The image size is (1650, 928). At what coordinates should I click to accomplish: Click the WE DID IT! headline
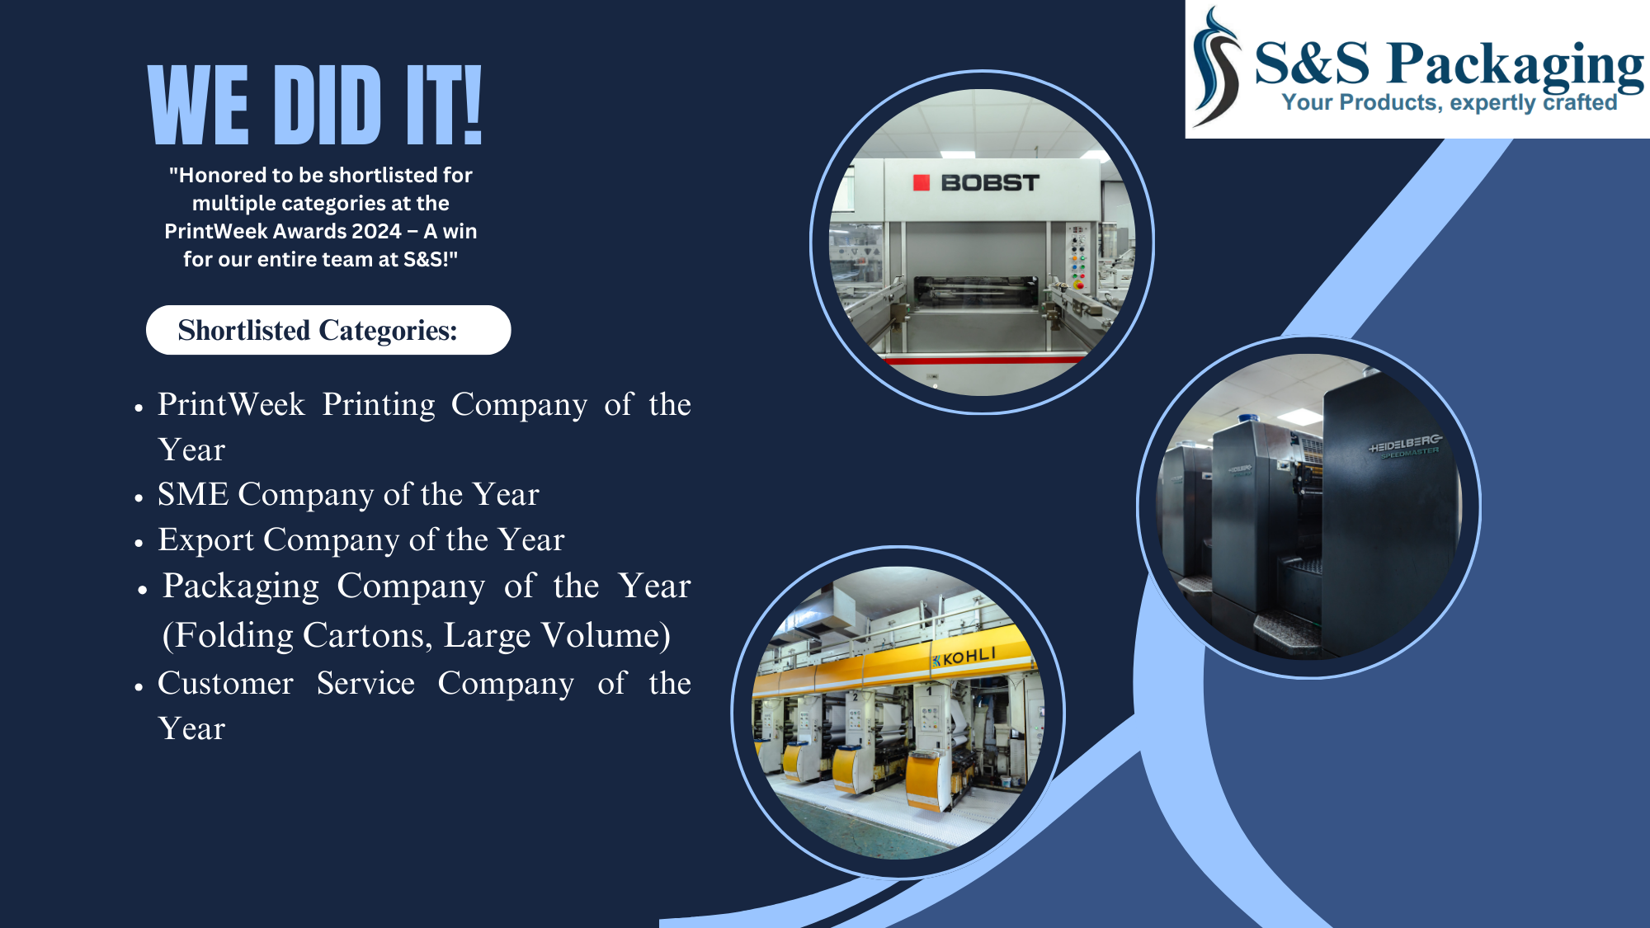[314, 105]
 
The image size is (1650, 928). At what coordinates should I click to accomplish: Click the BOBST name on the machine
[990, 182]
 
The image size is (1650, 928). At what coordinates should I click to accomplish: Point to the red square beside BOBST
[922, 182]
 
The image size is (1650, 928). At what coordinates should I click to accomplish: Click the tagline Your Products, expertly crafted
[1450, 102]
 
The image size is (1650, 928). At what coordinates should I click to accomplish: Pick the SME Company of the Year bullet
[348, 494]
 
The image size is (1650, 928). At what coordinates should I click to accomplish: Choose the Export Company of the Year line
[361, 539]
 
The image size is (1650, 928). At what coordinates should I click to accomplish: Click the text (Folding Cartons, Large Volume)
[417, 635]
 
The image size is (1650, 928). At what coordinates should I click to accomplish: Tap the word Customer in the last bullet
[225, 683]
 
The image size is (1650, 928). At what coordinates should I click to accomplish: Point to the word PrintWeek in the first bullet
[231, 404]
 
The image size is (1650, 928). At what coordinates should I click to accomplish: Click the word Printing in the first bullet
[379, 404]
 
